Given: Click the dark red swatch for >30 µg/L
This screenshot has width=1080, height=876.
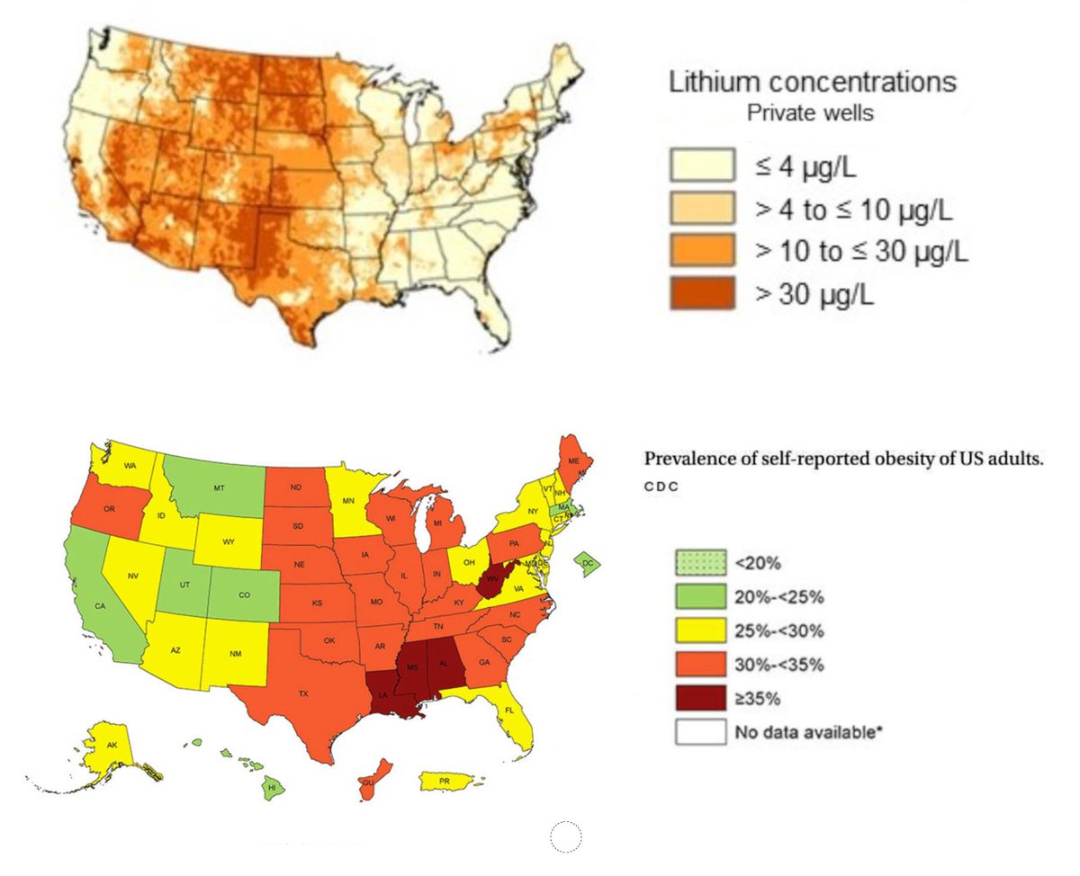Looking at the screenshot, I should pyautogui.click(x=701, y=293).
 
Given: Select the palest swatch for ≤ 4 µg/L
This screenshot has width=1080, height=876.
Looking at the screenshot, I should pyautogui.click(x=701, y=165).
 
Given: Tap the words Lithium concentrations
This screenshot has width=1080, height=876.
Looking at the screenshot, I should pyautogui.click(x=812, y=83).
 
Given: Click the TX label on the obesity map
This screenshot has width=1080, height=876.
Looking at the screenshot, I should pyautogui.click(x=303, y=693).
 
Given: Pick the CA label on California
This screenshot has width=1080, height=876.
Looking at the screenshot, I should pyautogui.click(x=101, y=606).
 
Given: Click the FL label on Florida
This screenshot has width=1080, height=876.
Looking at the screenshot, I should pyautogui.click(x=508, y=710).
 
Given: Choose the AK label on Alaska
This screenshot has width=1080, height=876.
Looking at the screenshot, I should pyautogui.click(x=112, y=746).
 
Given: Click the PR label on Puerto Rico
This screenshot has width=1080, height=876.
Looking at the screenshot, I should pyautogui.click(x=445, y=782).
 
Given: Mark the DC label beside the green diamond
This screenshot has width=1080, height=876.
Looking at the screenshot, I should pyautogui.click(x=589, y=563).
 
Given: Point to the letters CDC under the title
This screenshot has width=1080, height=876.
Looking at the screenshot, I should pyautogui.click(x=661, y=487).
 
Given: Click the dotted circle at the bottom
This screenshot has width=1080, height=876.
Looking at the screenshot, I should pyautogui.click(x=566, y=836).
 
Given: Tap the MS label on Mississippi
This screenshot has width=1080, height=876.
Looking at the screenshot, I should pyautogui.click(x=412, y=668).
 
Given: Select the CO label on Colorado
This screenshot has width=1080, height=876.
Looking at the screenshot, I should pyautogui.click(x=245, y=594).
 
